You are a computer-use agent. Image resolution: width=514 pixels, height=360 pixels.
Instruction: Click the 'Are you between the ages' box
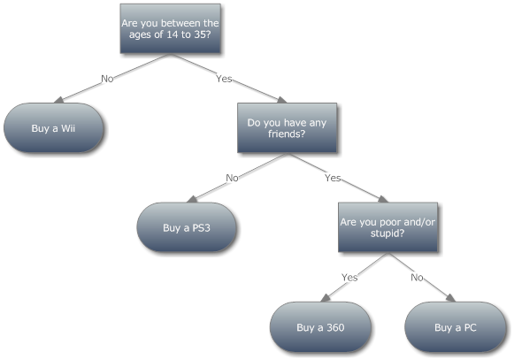pyautogui.click(x=170, y=28)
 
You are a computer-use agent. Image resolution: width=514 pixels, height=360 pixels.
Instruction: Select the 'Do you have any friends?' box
pyautogui.click(x=287, y=128)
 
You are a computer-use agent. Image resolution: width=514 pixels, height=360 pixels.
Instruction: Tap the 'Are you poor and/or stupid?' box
pyautogui.click(x=387, y=227)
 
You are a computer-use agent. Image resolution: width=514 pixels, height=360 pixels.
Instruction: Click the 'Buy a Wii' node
pyautogui.click(x=54, y=128)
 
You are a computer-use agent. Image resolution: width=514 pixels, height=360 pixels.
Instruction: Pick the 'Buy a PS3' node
pyautogui.click(x=187, y=227)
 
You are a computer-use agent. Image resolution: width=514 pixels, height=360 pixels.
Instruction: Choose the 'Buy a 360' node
pyautogui.click(x=320, y=327)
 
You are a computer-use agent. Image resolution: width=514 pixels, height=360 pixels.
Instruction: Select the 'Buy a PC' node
pyautogui.click(x=456, y=327)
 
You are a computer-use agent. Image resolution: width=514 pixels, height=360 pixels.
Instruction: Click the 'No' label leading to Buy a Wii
pyautogui.click(x=107, y=79)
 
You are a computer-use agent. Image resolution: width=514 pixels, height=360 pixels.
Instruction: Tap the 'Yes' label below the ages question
pyautogui.click(x=224, y=79)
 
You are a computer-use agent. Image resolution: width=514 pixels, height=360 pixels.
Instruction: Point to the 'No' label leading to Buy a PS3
pyautogui.click(x=232, y=178)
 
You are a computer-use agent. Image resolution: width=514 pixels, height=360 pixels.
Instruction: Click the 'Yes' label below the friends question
pyautogui.click(x=333, y=178)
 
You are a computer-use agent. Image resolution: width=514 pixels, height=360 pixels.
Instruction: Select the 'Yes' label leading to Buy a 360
pyautogui.click(x=349, y=278)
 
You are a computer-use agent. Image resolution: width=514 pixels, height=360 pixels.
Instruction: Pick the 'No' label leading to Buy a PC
pyautogui.click(x=417, y=278)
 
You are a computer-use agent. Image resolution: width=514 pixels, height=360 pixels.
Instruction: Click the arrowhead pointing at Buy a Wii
pyautogui.click(x=58, y=100)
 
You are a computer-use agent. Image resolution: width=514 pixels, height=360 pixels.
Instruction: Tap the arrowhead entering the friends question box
pyautogui.click(x=282, y=100)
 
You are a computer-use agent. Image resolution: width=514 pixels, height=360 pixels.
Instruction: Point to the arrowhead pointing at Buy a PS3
pyautogui.click(x=192, y=199)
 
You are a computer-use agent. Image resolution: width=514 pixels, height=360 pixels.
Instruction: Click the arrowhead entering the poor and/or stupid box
pyautogui.click(x=383, y=199)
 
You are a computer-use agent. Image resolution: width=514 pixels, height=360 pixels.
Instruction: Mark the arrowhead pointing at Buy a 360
pyautogui.click(x=326, y=298)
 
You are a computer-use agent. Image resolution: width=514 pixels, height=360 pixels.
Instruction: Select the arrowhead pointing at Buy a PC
pyautogui.click(x=450, y=298)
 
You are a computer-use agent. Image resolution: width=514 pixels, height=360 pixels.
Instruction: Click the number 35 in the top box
pyautogui.click(x=200, y=34)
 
